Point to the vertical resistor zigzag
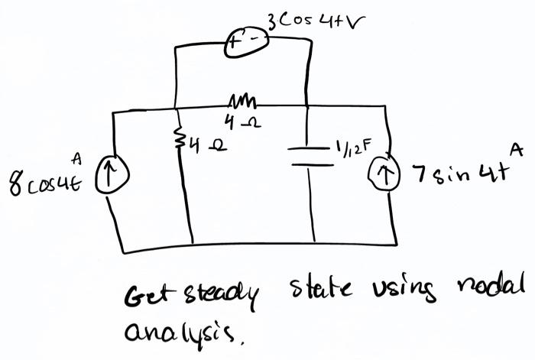(x=180, y=139)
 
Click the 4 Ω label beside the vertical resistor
(x=201, y=141)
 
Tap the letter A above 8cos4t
(x=76, y=159)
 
